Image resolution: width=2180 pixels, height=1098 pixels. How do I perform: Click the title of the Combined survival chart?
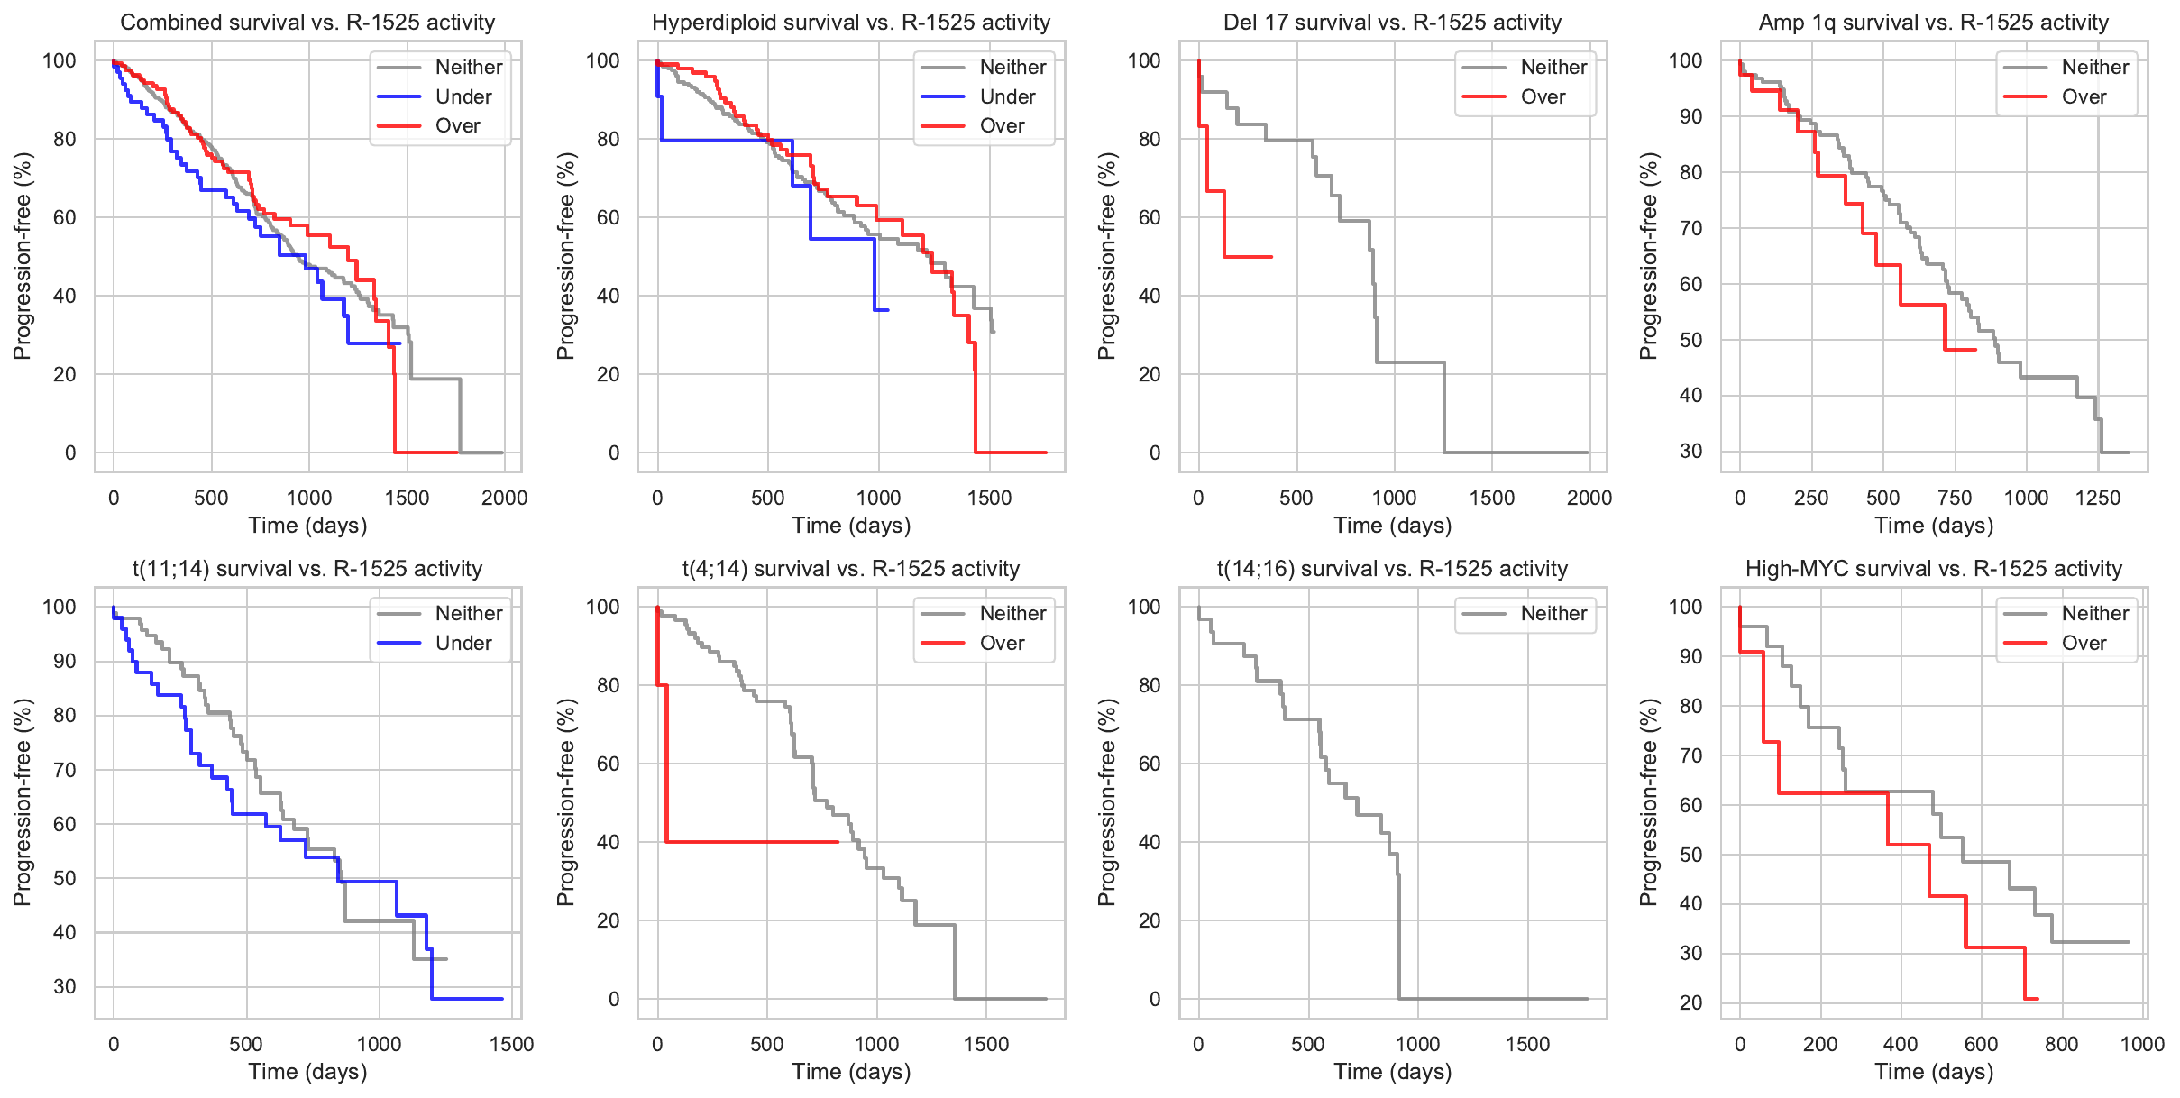pos(307,23)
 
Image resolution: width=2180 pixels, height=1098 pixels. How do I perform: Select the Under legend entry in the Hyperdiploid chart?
pos(1007,96)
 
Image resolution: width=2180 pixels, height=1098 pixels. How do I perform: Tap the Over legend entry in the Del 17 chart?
pos(1543,96)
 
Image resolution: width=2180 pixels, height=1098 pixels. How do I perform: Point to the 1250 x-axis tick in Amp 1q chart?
pos(2097,498)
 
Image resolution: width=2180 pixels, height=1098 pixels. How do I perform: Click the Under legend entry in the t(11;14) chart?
pos(463,643)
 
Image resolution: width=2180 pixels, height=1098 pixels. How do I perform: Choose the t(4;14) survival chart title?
pos(850,569)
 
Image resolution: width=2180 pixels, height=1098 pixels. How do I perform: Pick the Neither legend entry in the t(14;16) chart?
pos(1553,614)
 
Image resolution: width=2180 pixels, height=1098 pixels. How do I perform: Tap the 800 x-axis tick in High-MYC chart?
pos(2061,1044)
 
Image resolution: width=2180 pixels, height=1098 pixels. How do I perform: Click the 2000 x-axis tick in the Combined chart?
pos(504,498)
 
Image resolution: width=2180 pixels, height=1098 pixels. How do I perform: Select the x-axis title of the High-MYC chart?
pos(1934,1072)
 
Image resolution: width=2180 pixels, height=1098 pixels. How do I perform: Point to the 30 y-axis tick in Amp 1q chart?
pos(1690,452)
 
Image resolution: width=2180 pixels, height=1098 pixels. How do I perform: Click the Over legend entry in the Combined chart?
pos(457,125)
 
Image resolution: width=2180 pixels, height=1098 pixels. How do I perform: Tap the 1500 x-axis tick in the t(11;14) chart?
pos(511,1044)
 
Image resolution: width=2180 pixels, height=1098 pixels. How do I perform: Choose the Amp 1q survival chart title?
pos(1934,23)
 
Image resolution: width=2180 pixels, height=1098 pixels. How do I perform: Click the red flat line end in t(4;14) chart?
pos(838,842)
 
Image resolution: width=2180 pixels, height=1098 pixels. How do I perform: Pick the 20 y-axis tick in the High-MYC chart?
pos(1690,1002)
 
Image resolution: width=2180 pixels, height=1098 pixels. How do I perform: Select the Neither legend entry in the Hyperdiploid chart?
pos(1012,67)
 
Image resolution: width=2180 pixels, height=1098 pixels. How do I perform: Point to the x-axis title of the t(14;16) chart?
pos(1392,1072)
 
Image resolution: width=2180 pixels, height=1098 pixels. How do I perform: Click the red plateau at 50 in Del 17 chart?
pos(1249,257)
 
